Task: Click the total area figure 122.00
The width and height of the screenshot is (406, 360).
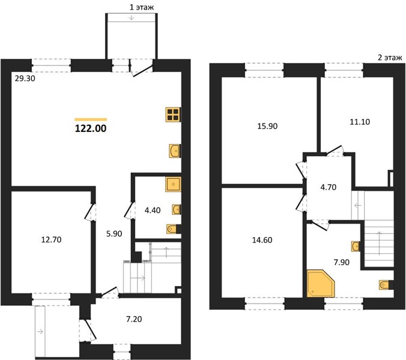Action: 91,128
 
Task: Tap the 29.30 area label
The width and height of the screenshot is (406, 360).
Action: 25,79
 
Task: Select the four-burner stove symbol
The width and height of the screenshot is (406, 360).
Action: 173,115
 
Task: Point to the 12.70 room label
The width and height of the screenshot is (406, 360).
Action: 51,240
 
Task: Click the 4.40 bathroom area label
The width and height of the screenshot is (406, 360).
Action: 153,210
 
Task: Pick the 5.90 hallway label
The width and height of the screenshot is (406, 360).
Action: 114,234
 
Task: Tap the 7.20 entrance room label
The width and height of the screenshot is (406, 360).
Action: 134,319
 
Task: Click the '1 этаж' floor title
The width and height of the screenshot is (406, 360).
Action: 142,7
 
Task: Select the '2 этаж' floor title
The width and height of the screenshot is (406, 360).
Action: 390,58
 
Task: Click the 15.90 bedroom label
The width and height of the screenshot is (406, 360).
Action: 267,126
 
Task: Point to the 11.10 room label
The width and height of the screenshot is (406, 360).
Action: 360,122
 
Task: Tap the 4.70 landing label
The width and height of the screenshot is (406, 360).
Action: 329,187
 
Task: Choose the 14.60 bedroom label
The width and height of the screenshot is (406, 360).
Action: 262,240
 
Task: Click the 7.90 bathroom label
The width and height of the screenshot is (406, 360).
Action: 342,262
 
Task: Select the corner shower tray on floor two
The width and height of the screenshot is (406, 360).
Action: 321,283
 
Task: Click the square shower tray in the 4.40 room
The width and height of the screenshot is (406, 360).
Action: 173,184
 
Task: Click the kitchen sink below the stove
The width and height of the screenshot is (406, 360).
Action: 175,151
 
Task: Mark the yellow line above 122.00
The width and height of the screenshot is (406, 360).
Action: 91,119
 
